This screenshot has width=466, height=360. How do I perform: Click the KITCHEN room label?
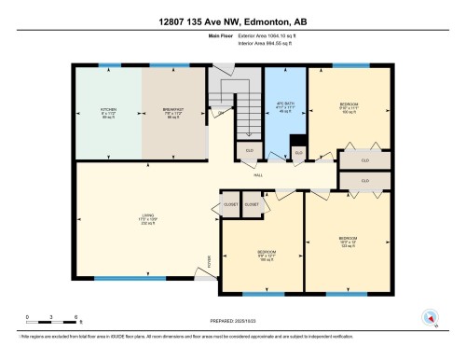(x=108, y=114)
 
